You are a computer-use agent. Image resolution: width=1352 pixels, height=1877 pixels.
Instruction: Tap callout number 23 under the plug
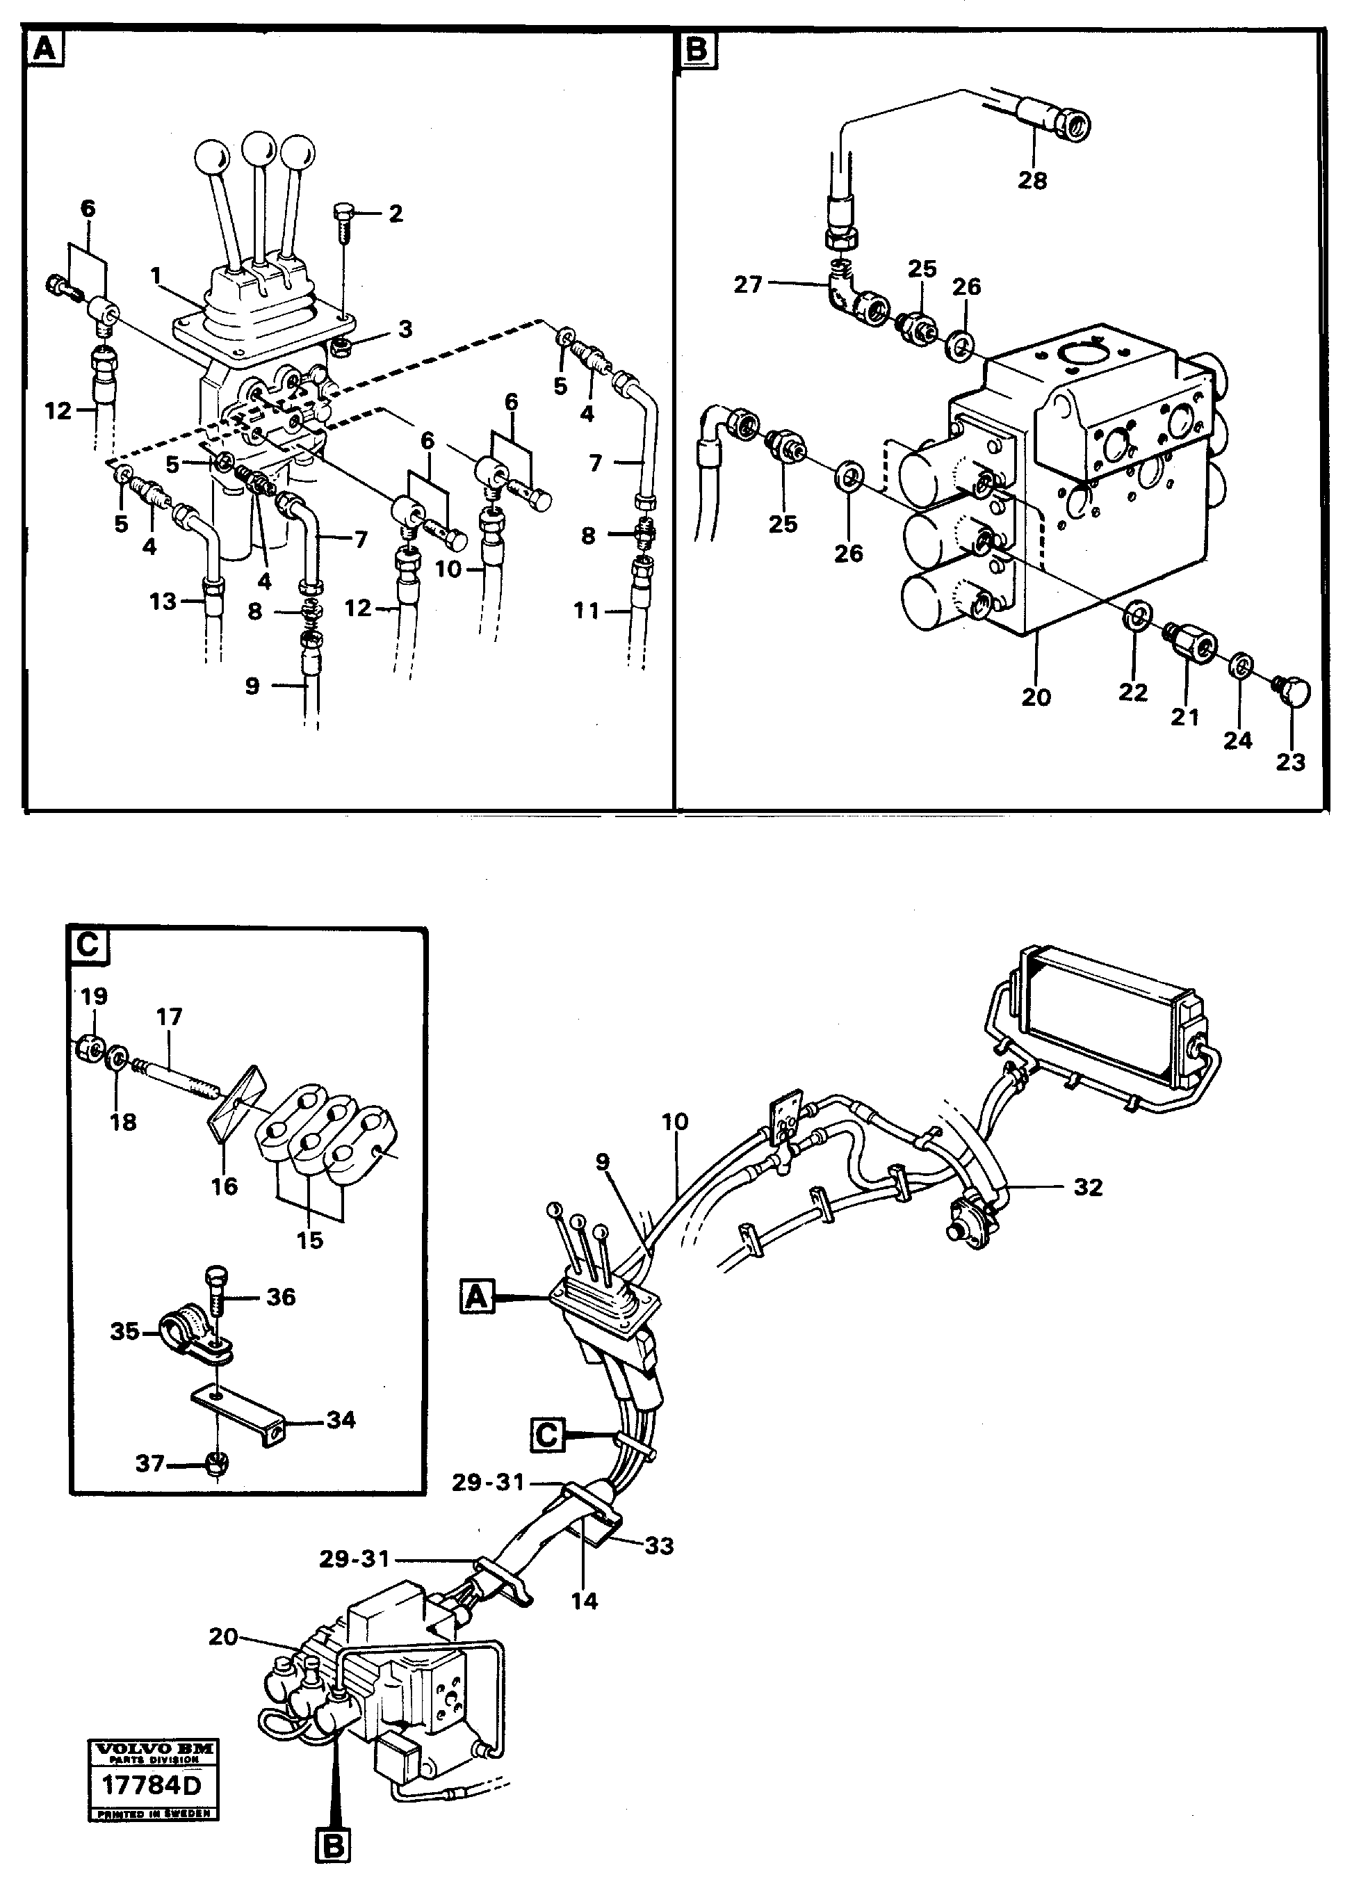click(x=1290, y=762)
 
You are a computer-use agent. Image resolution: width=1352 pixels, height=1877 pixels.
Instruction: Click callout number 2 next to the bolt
click(x=396, y=214)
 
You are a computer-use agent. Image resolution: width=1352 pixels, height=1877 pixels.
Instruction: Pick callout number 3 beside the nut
click(x=405, y=330)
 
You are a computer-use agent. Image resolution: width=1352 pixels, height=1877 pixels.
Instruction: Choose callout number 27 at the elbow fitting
click(x=747, y=284)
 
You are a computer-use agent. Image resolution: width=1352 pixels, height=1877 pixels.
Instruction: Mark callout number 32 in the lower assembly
click(x=1088, y=1188)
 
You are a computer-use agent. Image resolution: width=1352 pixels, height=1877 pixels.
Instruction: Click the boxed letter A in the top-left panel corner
click(x=44, y=49)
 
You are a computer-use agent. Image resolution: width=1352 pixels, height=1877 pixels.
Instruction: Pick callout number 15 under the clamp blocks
click(x=310, y=1240)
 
